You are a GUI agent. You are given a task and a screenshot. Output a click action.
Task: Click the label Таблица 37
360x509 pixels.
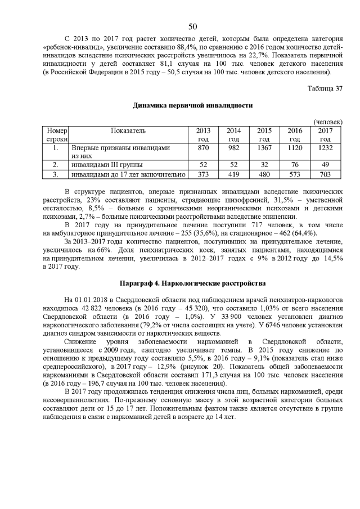(325, 88)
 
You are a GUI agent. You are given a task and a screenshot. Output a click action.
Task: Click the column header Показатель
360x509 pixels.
(128, 130)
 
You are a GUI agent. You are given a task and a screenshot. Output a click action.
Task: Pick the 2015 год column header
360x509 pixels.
(264, 134)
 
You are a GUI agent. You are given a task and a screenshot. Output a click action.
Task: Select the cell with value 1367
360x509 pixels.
(264, 147)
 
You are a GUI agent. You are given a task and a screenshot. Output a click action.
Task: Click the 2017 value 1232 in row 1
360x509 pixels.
(325, 147)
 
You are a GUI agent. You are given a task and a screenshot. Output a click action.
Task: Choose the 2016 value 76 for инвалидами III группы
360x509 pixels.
(294, 165)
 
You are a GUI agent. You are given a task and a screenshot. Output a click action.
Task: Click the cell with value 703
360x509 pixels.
(325, 174)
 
